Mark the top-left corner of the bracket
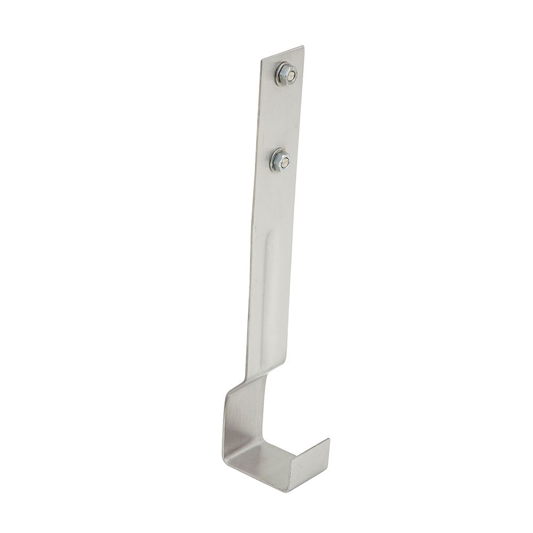coord(262,60)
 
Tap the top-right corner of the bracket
coord(304,46)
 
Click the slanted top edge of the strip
coord(282,53)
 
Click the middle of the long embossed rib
coord(269,298)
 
